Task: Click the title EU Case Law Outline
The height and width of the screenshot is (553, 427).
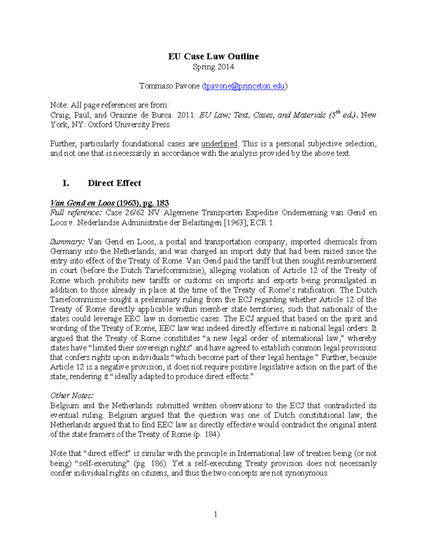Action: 213,56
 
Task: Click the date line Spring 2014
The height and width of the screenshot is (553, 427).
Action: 213,67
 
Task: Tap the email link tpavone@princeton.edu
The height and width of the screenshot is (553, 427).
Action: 244,86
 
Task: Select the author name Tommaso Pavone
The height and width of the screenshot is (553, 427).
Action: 169,86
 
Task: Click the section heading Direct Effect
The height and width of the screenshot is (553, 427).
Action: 114,183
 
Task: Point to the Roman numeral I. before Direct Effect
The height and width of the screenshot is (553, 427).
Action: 65,183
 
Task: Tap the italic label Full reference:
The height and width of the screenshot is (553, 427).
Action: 76,213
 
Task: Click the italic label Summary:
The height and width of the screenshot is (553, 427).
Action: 67,242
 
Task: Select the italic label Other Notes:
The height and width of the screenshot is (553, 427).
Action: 72,396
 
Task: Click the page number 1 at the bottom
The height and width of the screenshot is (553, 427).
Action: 215,514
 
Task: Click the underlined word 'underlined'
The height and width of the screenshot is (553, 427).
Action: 219,144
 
